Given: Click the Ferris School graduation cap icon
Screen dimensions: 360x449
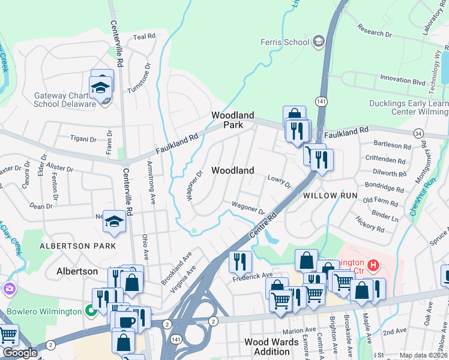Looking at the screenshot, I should point(318,41).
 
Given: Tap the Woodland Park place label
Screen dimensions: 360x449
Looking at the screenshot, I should point(232,120).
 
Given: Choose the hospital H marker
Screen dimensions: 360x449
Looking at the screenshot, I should point(373,264).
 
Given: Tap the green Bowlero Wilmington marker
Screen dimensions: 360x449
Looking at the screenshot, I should point(91,311).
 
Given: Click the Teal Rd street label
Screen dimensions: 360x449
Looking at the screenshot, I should point(144,37).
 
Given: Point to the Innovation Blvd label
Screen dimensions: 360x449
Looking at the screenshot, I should point(402,79).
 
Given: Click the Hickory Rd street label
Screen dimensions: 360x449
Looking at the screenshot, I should point(369,227).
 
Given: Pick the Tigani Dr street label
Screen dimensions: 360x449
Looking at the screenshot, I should point(83,139).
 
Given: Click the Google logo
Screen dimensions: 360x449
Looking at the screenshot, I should point(20,353).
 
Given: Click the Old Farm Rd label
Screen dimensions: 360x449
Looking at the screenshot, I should point(381,200).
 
